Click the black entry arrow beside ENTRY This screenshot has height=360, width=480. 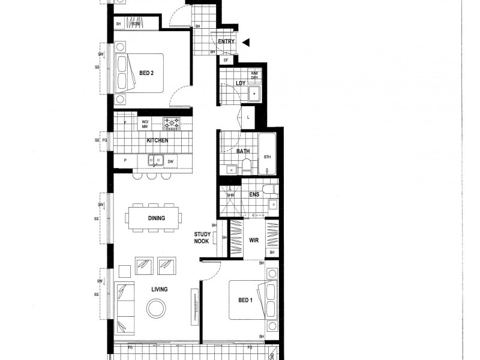coord(245,42)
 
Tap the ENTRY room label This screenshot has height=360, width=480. coord(226,41)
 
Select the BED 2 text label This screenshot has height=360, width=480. coord(147,73)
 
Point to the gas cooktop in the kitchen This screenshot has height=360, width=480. coord(172,123)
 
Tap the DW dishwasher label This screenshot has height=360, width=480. coord(170,161)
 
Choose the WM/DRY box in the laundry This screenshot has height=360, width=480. coord(254,75)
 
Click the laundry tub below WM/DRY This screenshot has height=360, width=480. coord(254,94)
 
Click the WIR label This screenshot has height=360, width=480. coord(253,240)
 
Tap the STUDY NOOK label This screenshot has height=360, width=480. coord(202,238)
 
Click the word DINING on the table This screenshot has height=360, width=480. coord(156,218)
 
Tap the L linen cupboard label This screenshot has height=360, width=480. coord(248,117)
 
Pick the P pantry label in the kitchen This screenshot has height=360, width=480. coord(125,161)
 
